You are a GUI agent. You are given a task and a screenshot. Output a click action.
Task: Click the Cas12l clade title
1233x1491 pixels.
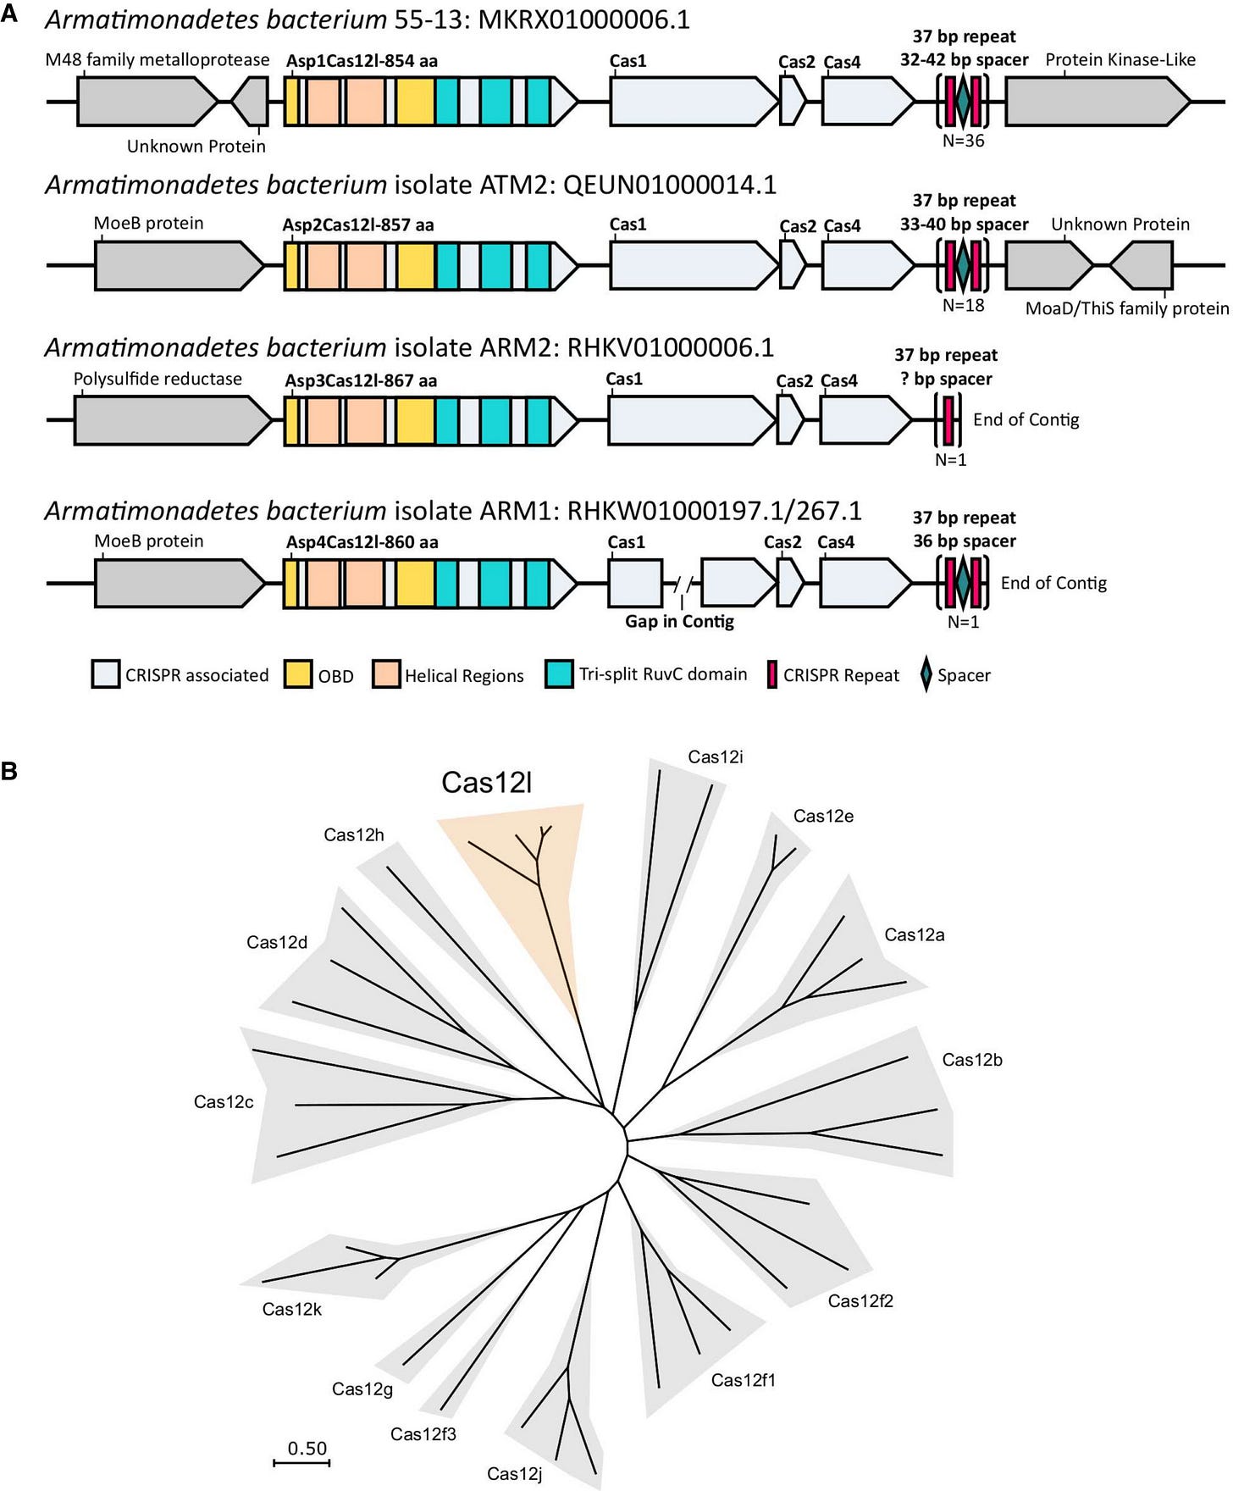click(x=486, y=783)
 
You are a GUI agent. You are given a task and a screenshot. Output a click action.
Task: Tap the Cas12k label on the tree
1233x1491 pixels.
click(x=291, y=1309)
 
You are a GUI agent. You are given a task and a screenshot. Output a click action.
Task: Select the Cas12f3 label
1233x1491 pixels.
click(x=423, y=1434)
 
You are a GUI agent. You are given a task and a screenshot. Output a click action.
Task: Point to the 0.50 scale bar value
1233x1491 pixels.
click(x=307, y=1449)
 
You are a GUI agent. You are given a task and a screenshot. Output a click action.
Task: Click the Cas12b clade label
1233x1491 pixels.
click(x=971, y=1060)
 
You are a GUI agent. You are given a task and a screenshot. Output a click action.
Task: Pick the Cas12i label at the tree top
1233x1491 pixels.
click(x=715, y=757)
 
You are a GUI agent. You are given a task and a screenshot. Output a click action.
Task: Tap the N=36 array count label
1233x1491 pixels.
click(x=963, y=141)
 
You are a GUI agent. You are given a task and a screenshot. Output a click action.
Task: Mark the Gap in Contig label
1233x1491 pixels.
click(x=679, y=622)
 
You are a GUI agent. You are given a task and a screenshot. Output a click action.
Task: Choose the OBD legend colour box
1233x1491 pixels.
click(x=297, y=675)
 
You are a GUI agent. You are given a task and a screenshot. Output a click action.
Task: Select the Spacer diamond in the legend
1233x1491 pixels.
click(x=926, y=675)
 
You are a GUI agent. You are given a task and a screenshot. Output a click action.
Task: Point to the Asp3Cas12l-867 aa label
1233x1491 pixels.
click(x=361, y=381)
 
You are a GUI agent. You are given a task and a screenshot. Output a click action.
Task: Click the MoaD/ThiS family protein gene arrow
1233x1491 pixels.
click(x=1143, y=265)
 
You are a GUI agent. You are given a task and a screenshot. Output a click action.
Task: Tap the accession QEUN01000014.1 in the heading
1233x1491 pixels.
click(x=669, y=185)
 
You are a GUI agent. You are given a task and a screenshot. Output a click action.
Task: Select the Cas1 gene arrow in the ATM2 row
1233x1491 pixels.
click(x=693, y=265)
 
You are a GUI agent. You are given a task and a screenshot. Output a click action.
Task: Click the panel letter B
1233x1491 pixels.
click(x=9, y=772)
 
